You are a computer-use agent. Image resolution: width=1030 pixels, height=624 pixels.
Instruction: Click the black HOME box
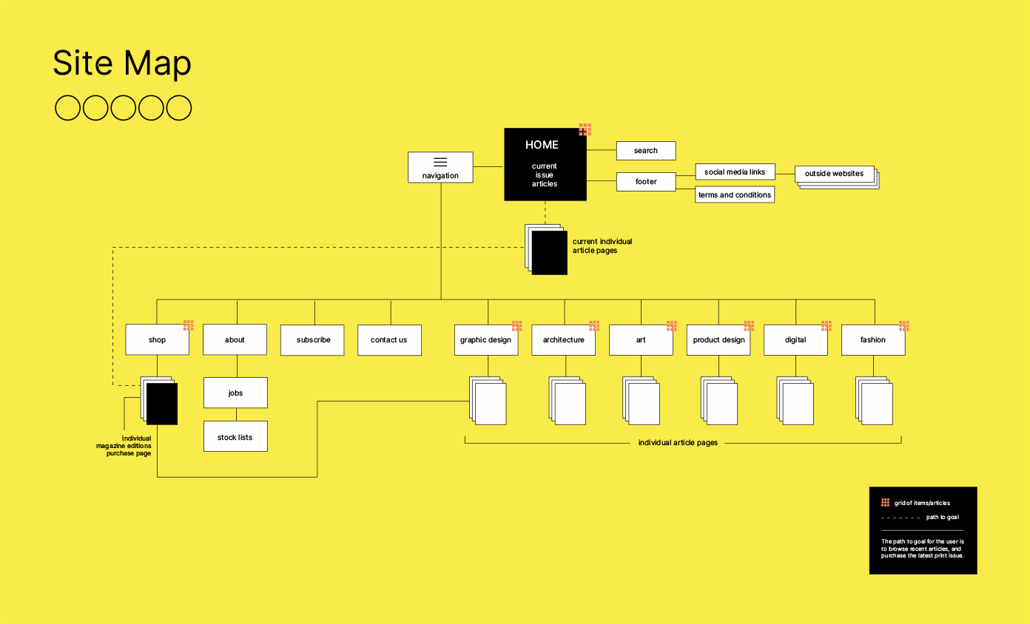coord(545,164)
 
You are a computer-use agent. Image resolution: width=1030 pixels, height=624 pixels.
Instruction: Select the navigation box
coord(440,168)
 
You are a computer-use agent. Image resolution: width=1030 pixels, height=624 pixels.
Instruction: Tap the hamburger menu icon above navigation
coord(440,162)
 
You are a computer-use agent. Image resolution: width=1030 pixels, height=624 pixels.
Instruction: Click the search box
coord(646,151)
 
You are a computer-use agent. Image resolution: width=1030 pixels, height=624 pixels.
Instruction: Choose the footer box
coord(646,181)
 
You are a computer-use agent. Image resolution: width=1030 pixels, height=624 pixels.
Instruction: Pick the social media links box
coord(735,172)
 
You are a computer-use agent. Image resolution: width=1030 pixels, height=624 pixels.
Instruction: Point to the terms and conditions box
coord(735,195)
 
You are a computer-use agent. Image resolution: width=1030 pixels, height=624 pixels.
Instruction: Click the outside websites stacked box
coord(835,174)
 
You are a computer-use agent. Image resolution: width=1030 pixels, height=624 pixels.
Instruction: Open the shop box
coord(157,340)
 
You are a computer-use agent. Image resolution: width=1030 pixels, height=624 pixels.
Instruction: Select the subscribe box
coord(312,340)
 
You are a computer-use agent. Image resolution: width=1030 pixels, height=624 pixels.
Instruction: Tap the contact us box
coord(389,340)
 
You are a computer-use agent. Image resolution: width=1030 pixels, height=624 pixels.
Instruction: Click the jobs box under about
coord(235,393)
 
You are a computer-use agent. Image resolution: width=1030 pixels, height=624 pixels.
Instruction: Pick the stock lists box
coord(235,437)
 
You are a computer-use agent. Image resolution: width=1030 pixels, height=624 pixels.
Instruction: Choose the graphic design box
coord(486,340)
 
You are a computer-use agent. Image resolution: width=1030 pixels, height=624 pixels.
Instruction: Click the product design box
coord(718,340)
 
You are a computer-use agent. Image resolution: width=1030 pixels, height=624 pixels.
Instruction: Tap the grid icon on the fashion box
coord(904,325)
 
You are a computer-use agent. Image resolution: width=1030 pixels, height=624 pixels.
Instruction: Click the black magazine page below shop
coord(162,404)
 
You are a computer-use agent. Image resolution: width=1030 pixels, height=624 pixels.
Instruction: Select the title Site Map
coord(122,64)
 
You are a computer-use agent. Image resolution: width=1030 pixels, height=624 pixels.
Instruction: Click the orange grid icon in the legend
coord(885,503)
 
